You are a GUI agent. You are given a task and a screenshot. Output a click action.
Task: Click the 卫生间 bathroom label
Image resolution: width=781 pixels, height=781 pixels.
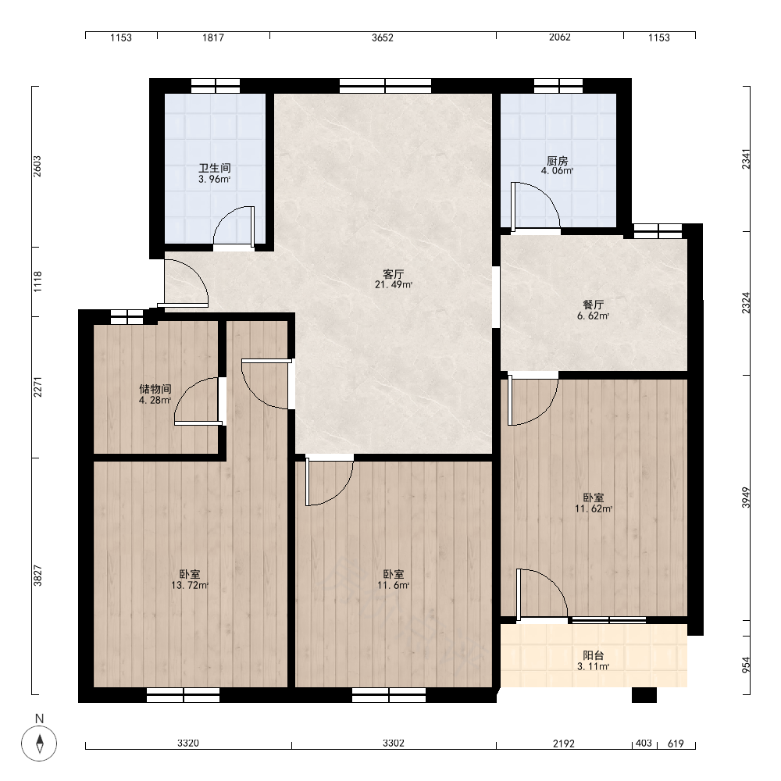click(215, 169)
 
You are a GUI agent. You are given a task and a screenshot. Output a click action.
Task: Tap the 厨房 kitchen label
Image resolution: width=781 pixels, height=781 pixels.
click(558, 161)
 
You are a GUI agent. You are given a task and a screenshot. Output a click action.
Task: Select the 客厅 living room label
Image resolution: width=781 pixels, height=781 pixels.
click(394, 274)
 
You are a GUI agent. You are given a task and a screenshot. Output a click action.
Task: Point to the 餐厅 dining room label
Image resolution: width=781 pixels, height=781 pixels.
click(594, 305)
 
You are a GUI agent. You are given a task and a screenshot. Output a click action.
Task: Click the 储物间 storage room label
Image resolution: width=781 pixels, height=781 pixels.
click(155, 389)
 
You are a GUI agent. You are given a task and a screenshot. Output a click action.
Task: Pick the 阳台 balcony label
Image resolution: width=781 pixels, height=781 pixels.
click(594, 655)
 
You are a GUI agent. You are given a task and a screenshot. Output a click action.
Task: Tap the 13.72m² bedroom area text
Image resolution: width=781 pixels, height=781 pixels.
click(190, 585)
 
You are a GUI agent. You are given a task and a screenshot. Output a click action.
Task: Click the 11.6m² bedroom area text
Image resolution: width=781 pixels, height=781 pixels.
click(394, 585)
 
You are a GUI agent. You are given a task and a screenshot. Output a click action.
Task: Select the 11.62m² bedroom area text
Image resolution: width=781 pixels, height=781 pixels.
click(594, 508)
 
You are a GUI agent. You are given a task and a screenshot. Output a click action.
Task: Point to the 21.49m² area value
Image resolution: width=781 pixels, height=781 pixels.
click(394, 285)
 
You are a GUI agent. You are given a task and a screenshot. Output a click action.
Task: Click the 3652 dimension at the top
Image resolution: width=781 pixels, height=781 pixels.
click(383, 37)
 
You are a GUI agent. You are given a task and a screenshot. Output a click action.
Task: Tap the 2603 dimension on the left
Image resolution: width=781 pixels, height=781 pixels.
click(37, 166)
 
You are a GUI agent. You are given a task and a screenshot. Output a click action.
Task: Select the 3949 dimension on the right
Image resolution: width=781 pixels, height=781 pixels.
click(746, 497)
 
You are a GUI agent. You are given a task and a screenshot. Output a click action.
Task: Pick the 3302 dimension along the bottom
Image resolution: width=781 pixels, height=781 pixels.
click(394, 744)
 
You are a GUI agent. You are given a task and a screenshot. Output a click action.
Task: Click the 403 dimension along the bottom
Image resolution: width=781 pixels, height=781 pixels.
click(644, 744)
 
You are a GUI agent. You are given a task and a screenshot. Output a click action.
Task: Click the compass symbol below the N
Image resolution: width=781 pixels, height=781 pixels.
click(39, 744)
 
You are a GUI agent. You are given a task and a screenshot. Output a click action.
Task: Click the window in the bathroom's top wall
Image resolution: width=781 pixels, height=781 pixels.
click(216, 86)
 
